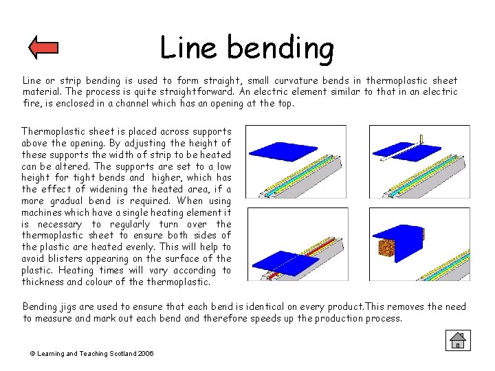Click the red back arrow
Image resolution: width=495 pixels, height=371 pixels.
(x=43, y=47)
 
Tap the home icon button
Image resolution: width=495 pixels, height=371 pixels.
(x=456, y=339)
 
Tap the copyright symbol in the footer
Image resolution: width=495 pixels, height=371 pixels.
(x=32, y=353)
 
